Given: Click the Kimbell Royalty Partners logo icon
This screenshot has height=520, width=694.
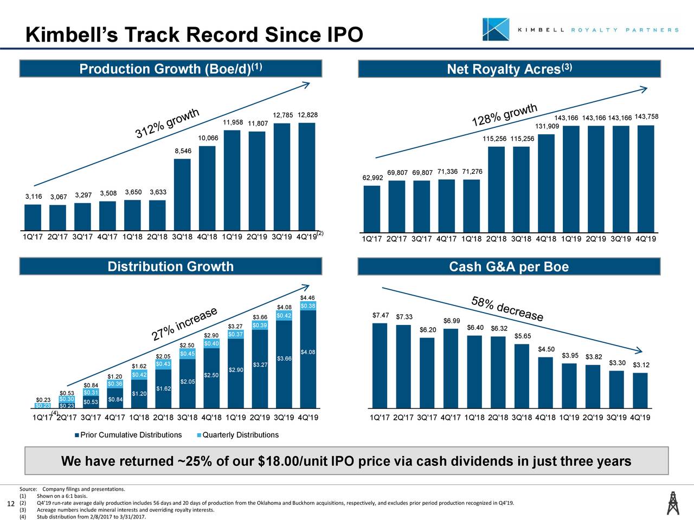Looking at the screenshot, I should (496, 29).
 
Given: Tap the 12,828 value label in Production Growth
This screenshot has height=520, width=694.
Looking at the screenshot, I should (307, 115).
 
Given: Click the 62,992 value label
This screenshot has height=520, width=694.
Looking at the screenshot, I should (372, 178).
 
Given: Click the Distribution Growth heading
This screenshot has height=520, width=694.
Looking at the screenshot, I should (170, 266).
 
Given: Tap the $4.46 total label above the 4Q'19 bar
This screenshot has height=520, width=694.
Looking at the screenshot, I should (307, 297).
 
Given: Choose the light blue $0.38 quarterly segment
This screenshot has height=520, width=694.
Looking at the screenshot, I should (307, 306).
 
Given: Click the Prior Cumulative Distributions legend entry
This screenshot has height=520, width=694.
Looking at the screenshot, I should (130, 435).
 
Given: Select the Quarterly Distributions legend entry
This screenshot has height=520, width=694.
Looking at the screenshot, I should (240, 435).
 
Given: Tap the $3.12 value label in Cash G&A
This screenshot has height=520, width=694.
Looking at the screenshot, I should (640, 365).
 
